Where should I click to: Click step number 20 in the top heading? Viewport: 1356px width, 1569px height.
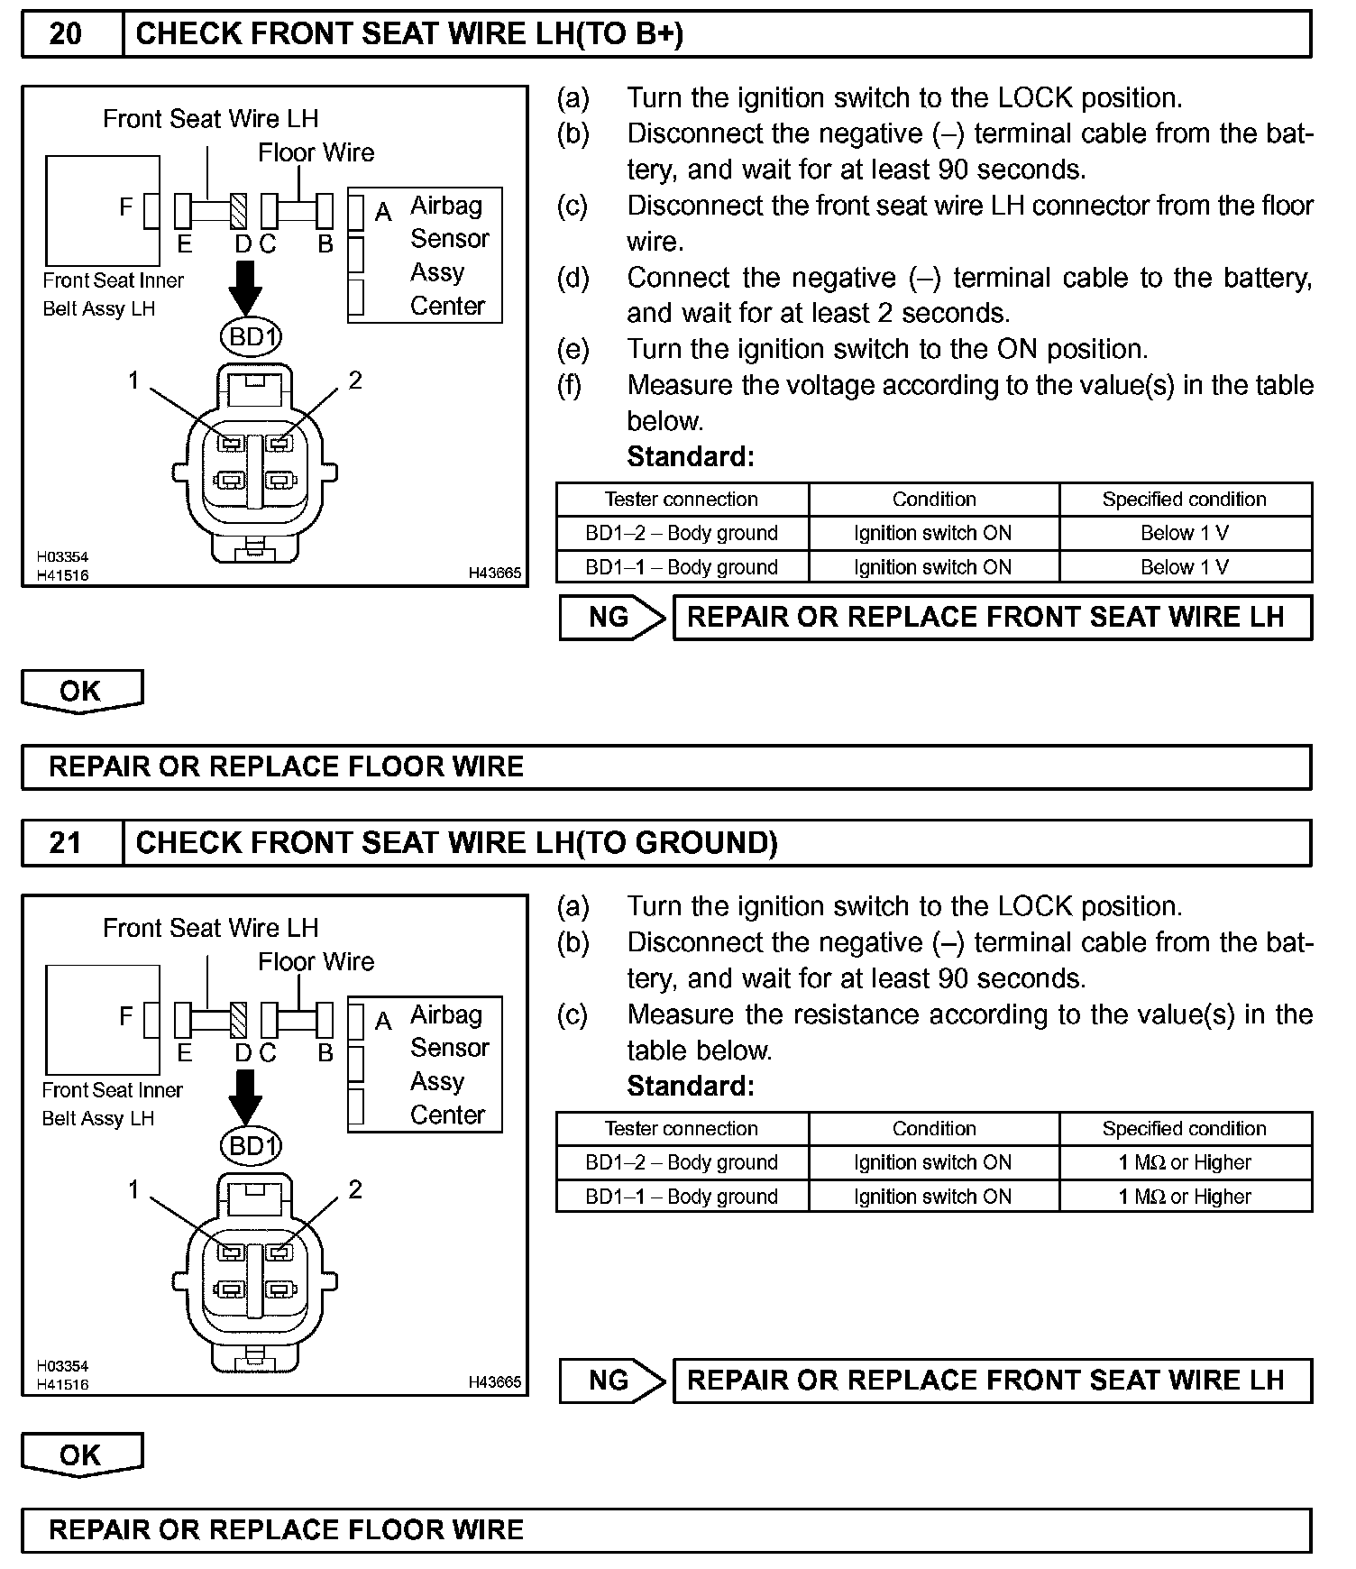tap(65, 34)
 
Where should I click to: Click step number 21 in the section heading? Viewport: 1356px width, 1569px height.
tap(65, 843)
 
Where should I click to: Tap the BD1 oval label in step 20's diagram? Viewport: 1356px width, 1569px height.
tap(251, 337)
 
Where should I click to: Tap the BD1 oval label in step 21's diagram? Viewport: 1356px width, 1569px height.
tap(251, 1146)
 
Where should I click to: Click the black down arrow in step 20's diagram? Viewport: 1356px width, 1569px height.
tap(245, 288)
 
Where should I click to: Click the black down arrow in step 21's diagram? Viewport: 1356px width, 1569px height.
tap(245, 1096)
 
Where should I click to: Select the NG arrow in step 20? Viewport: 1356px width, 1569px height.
tap(611, 618)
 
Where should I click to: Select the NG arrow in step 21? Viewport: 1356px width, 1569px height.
tap(611, 1381)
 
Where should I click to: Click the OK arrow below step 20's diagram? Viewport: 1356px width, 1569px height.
tap(81, 692)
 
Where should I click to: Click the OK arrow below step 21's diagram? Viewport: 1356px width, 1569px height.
tap(81, 1454)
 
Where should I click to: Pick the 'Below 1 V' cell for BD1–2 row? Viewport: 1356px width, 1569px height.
tap(1185, 533)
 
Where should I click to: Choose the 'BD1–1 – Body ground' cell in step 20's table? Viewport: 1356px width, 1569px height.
tap(682, 567)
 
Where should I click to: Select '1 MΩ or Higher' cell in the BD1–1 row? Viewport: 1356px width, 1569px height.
tap(1185, 1197)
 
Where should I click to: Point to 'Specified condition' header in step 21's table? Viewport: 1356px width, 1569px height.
tap(1185, 1129)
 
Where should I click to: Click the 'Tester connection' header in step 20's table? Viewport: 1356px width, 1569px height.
tap(682, 500)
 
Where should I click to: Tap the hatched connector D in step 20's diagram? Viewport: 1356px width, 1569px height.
tap(239, 212)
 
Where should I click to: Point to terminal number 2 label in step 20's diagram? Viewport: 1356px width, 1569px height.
tap(355, 381)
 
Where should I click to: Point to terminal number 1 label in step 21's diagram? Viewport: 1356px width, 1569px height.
tap(133, 1189)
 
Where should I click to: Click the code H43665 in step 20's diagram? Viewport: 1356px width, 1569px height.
tap(494, 573)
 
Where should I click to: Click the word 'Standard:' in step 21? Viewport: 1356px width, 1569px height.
tap(691, 1086)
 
